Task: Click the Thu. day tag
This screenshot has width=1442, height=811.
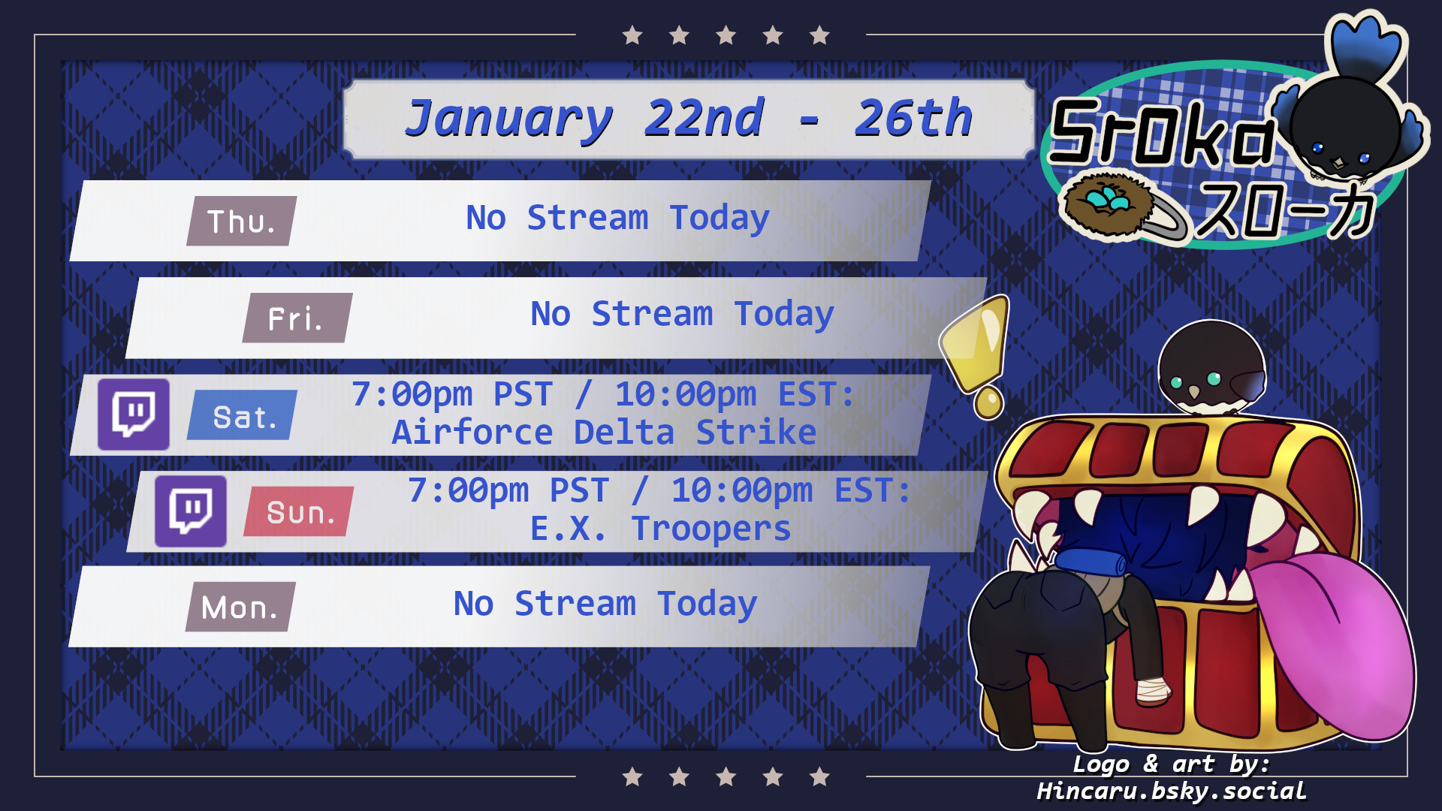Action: click(241, 221)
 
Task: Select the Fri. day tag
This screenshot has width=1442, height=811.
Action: click(297, 318)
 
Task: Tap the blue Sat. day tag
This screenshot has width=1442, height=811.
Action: click(242, 415)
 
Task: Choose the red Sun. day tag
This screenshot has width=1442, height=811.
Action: click(298, 511)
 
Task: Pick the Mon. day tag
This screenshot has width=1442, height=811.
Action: click(240, 607)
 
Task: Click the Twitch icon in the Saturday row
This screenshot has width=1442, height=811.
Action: click(134, 414)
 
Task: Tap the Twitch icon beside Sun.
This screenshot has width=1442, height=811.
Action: click(191, 511)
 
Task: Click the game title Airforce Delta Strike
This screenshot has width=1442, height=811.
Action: click(604, 433)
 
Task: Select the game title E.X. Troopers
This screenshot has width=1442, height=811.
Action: click(660, 529)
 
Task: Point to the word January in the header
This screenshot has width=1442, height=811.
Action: click(508, 119)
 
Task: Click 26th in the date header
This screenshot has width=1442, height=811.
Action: click(913, 118)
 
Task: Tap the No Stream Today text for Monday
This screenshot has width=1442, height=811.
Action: click(605, 604)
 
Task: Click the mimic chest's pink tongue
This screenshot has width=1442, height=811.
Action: click(1337, 646)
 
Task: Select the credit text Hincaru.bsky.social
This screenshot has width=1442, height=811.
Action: click(1172, 791)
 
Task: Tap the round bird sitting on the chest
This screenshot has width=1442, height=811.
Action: click(1211, 368)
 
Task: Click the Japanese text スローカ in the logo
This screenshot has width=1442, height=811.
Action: click(1286, 211)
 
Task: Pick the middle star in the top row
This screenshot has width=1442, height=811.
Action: click(726, 35)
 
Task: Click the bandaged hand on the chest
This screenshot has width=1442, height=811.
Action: click(1152, 689)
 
